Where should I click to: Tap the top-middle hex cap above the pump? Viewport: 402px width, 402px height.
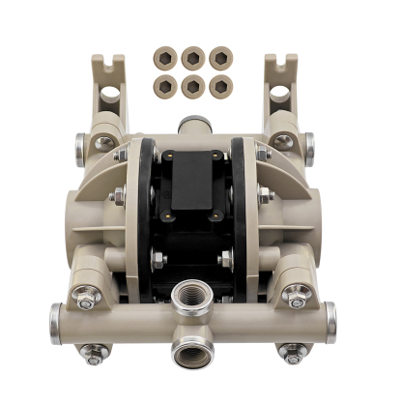pos(194,56)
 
